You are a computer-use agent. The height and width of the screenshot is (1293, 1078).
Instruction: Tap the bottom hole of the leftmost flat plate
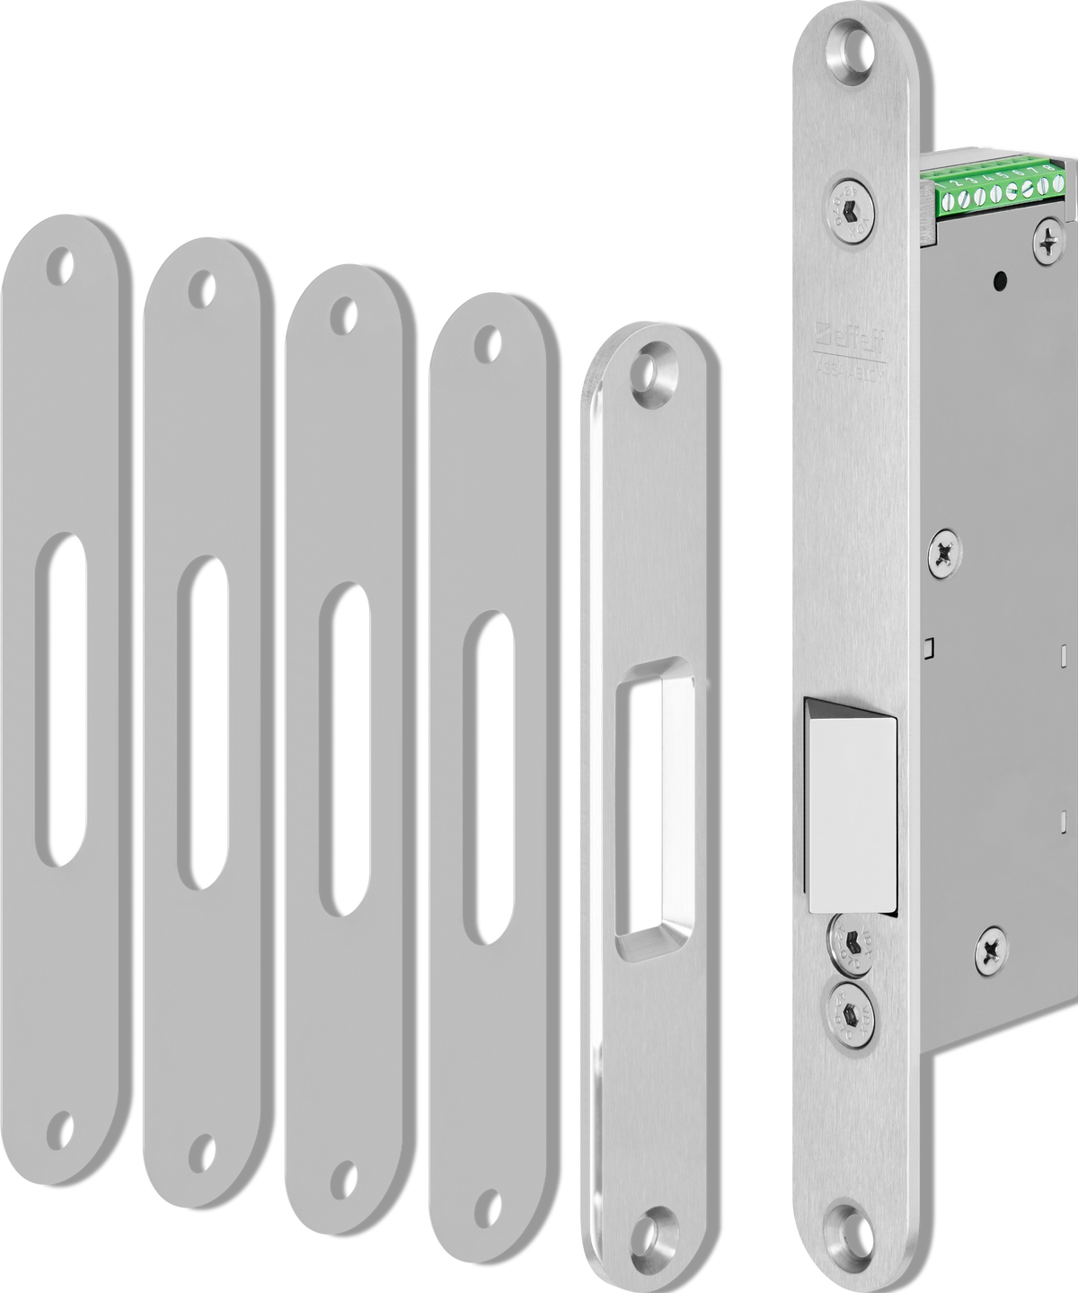[x=60, y=1127]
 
